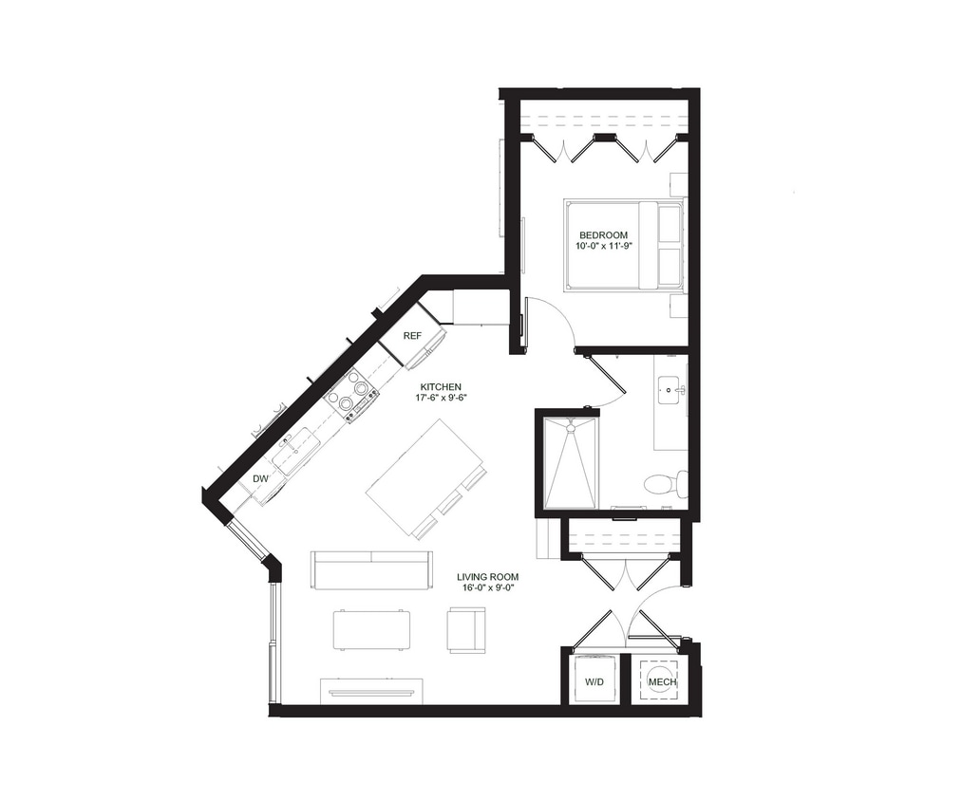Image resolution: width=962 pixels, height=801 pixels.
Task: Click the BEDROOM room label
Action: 603,234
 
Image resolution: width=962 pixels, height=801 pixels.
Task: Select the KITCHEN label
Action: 442,386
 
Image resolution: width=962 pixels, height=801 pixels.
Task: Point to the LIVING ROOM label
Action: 488,576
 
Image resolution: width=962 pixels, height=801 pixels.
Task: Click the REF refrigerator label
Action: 412,336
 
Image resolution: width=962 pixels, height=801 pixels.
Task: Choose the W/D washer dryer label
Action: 594,682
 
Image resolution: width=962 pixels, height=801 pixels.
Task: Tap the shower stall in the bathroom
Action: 572,462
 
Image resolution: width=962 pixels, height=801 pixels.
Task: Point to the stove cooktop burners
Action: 352,394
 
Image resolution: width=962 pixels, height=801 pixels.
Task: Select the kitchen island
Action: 425,476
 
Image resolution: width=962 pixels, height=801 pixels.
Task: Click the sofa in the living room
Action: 371,568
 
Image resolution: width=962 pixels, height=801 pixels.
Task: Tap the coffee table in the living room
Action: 371,629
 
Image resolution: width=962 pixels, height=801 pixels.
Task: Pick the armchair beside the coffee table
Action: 466,630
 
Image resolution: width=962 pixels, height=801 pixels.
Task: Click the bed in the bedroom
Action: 623,245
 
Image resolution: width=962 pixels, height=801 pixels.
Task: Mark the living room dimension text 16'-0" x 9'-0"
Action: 488,588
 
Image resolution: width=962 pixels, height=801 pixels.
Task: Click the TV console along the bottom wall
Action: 371,691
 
